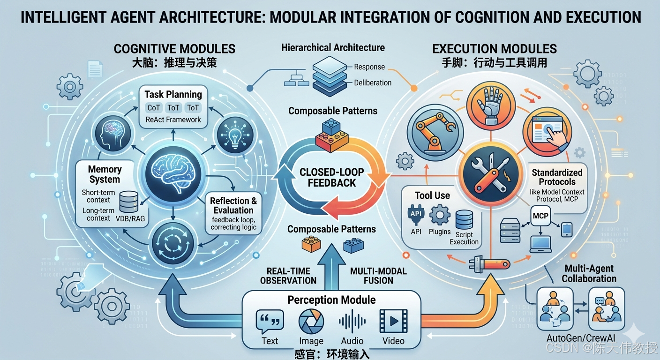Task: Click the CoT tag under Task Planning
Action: click(154, 108)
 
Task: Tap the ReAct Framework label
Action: click(173, 120)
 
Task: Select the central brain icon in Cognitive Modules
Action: click(174, 173)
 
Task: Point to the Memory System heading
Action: click(105, 174)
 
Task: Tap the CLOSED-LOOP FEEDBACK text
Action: click(331, 177)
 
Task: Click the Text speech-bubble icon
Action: click(270, 322)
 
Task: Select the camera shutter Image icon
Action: click(311, 322)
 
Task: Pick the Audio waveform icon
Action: click(352, 322)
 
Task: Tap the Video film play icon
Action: click(393, 322)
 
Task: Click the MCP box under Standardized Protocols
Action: click(540, 216)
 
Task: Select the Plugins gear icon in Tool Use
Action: click(440, 216)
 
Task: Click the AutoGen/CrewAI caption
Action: click(581, 338)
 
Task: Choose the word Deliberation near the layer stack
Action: click(373, 83)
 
